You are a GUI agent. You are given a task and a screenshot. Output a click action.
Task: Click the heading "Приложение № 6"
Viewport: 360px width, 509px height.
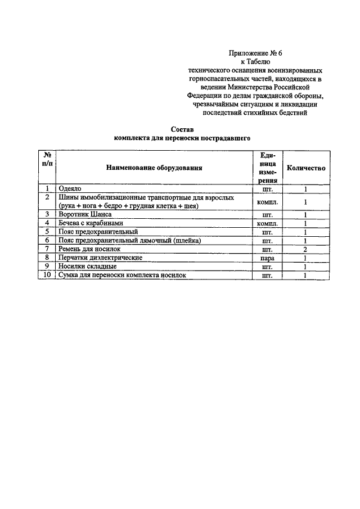(x=255, y=53)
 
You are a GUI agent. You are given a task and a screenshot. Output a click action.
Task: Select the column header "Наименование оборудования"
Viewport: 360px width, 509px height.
(x=153, y=168)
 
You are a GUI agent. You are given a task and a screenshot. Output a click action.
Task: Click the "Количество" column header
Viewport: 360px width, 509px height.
(x=305, y=168)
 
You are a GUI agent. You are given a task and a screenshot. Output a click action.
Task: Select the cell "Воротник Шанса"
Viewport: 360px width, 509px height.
(x=85, y=214)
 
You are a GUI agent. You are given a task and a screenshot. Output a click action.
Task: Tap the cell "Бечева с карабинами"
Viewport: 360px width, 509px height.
(x=92, y=223)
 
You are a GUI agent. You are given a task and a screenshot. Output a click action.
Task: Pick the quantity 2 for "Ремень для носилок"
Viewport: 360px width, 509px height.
(x=305, y=249)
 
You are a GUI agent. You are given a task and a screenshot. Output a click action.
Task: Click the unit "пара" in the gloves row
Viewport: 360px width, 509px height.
(x=267, y=258)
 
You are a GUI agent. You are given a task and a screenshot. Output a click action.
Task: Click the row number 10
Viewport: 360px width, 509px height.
(x=47, y=275)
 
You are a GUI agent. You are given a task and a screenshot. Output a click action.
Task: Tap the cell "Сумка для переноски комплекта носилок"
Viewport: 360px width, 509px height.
(x=121, y=275)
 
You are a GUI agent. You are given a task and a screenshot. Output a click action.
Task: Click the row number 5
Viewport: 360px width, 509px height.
(x=47, y=232)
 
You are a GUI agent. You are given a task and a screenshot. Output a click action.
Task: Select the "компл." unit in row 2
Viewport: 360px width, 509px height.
(x=267, y=201)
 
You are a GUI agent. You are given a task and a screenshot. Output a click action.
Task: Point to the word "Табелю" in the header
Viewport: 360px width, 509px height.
(x=260, y=62)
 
